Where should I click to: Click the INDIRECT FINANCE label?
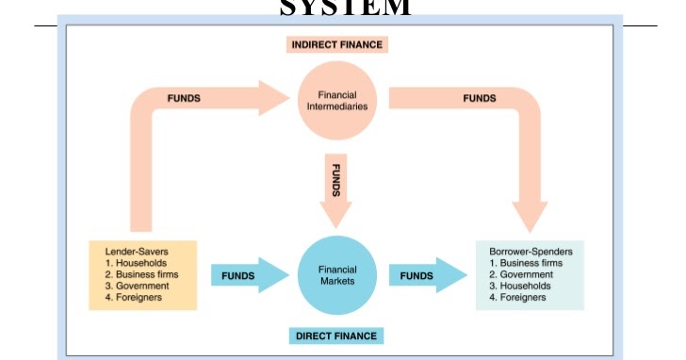coord(337,44)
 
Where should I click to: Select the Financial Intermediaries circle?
coord(337,100)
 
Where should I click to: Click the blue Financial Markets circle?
coord(336,275)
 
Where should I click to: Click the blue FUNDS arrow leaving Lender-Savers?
coord(243,275)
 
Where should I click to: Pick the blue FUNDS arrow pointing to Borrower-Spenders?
coord(424,275)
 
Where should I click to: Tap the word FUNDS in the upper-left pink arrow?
coord(184,98)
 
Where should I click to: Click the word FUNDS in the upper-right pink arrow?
coord(480,98)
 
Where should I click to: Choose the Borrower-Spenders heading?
coord(531,252)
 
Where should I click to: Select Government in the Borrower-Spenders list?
coord(527,274)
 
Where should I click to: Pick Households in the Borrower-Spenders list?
coord(525,286)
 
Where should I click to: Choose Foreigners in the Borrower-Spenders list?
coord(524,297)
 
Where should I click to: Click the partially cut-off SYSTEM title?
coord(345,8)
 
